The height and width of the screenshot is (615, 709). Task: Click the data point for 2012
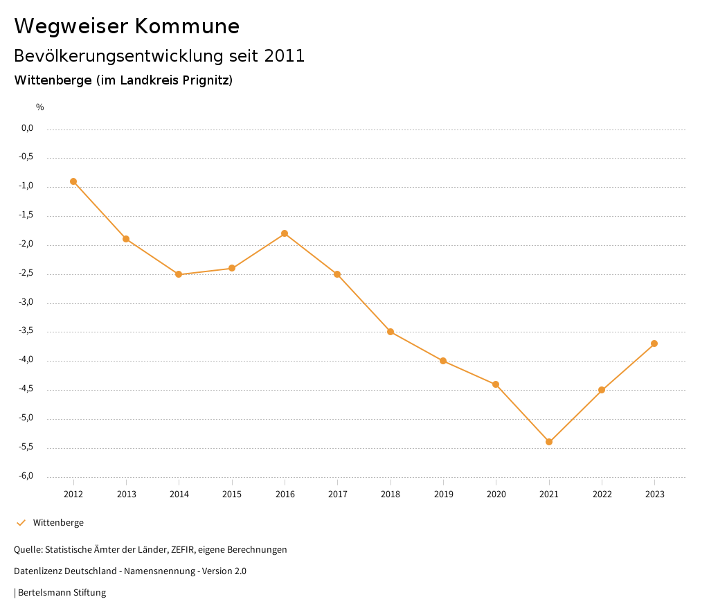(73, 181)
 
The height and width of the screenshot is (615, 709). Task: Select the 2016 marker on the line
(285, 233)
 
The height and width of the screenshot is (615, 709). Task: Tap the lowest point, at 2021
(549, 442)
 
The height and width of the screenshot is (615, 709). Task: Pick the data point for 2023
(654, 344)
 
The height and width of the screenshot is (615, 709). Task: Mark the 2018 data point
(391, 332)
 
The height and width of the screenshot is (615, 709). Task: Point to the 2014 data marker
(179, 274)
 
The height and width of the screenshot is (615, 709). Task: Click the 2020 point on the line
(496, 384)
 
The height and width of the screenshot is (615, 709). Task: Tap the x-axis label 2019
(443, 494)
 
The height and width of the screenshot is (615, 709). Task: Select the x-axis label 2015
(232, 494)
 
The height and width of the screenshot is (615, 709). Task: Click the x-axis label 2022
(602, 494)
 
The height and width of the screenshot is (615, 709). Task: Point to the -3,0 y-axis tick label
(26, 303)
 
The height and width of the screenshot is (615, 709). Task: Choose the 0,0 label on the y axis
(28, 128)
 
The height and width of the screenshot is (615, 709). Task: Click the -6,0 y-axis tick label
(26, 476)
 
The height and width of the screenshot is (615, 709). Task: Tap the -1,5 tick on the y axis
(26, 215)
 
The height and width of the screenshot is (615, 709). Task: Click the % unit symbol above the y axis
(40, 107)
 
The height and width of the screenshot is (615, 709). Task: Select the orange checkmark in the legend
(21, 523)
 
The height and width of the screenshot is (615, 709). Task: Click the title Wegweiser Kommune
(127, 26)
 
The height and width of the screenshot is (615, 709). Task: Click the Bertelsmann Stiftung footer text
(62, 593)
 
